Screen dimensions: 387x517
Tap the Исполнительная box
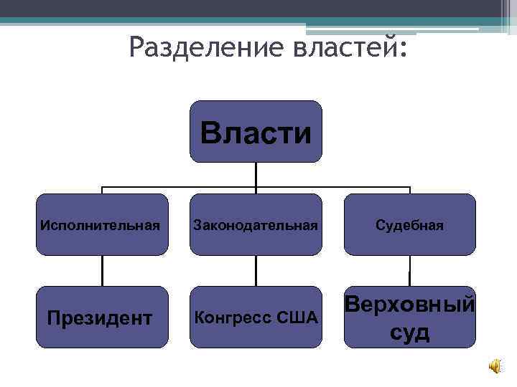tap(101, 224)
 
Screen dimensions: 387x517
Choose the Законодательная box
tap(256, 224)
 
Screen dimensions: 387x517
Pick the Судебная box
tap(410, 224)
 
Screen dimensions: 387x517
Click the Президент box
tap(101, 317)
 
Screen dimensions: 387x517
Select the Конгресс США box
tap(256, 317)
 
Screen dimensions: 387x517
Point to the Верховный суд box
tap(410, 317)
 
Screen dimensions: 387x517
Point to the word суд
tap(410, 332)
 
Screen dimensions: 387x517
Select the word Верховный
tap(410, 304)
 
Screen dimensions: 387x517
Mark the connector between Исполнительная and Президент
tap(101, 271)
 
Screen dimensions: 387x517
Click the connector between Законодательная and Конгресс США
tap(256, 271)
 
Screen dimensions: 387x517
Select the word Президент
tap(100, 317)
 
